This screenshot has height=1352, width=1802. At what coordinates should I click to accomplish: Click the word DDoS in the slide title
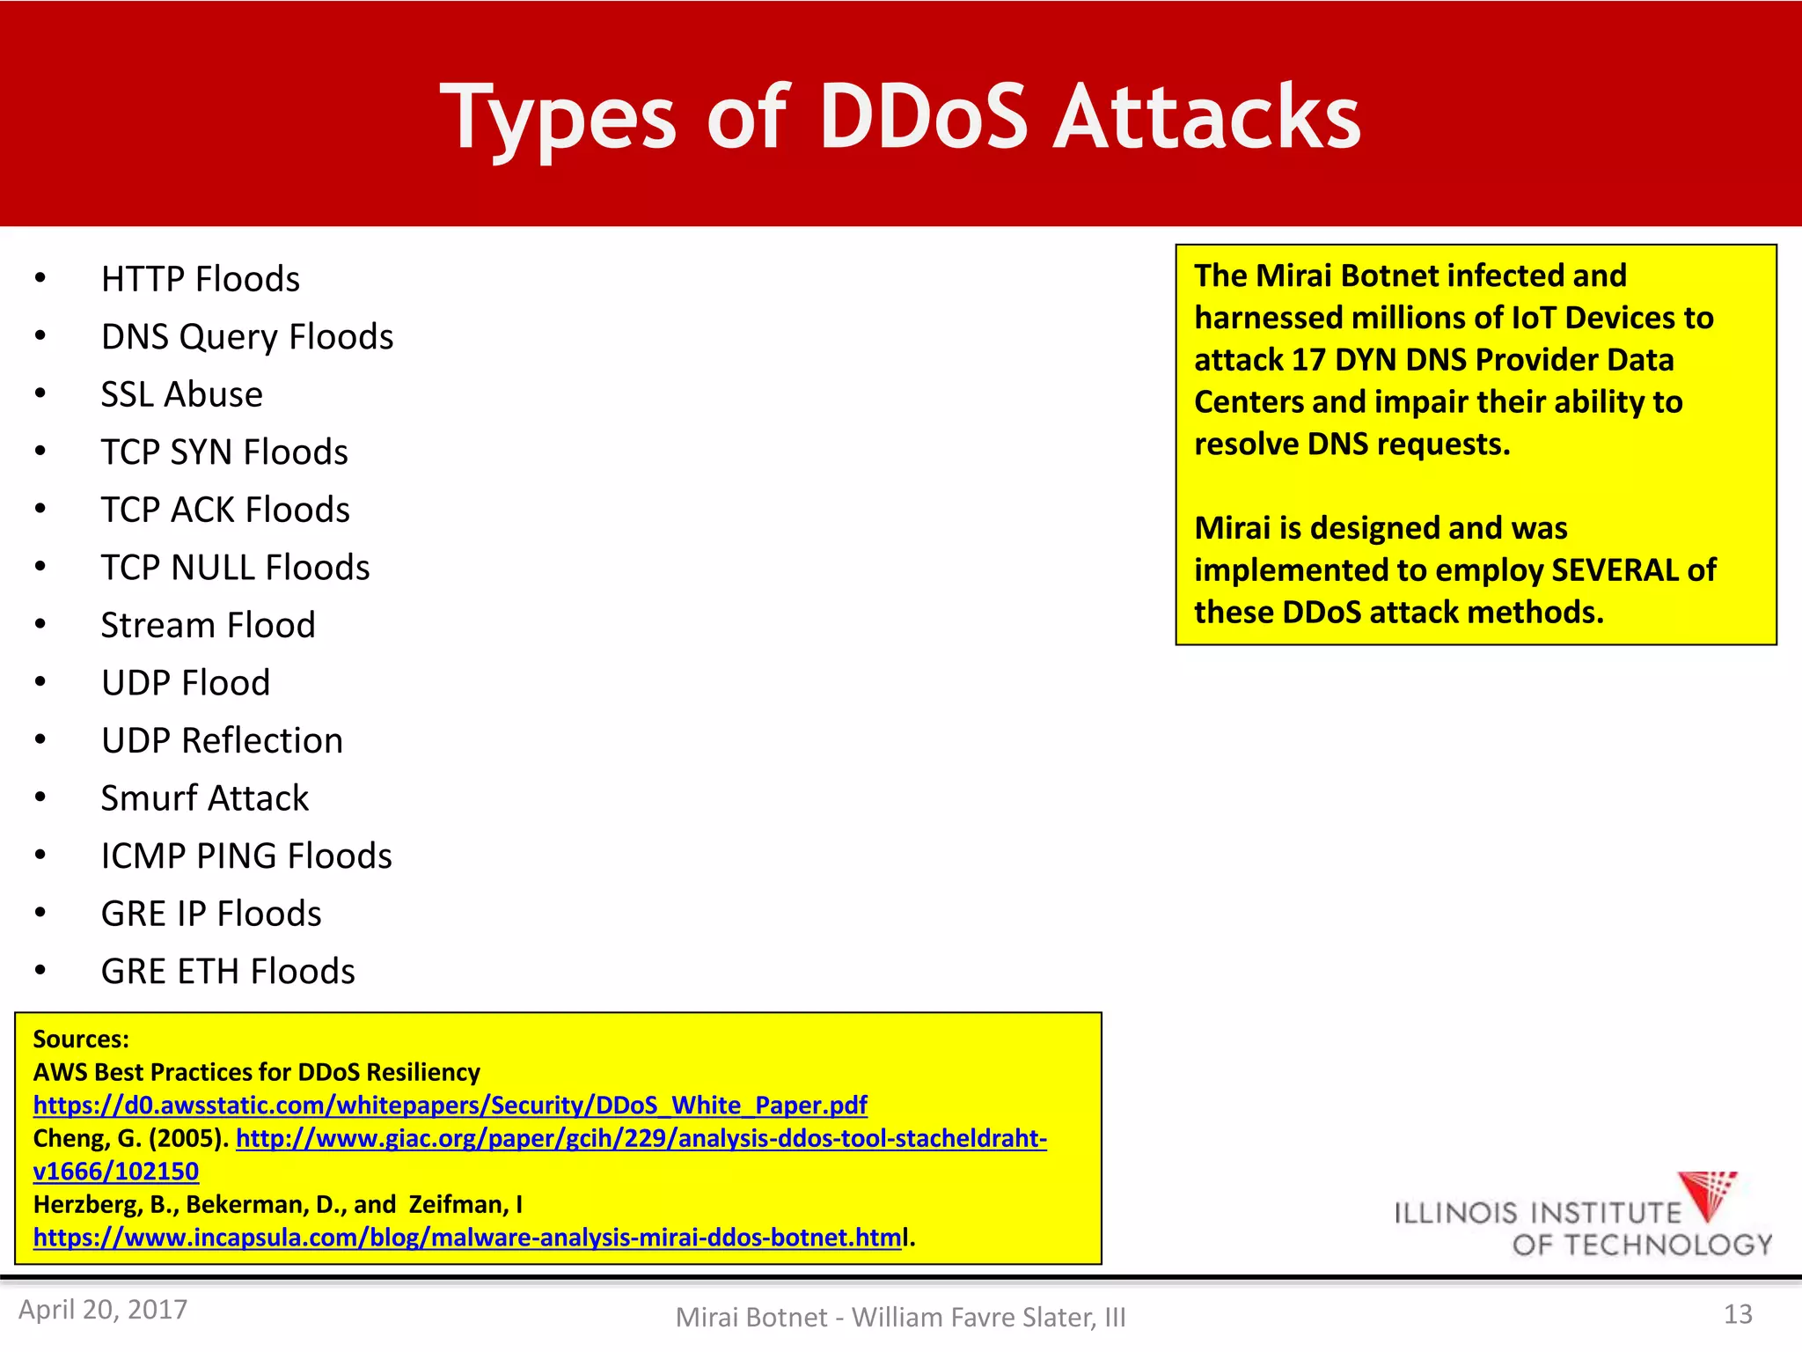click(923, 117)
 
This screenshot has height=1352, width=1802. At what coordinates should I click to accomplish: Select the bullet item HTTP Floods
click(200, 279)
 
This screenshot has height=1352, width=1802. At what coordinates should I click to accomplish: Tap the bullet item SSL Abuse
click(181, 394)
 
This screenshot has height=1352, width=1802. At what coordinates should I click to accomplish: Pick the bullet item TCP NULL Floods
click(235, 568)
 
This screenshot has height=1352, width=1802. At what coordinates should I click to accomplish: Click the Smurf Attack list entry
click(204, 798)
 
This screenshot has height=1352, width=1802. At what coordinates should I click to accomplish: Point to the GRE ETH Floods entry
click(227, 972)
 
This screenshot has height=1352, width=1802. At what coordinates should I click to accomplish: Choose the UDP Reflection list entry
click(222, 740)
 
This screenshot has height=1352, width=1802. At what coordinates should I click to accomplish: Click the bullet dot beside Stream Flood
click(40, 624)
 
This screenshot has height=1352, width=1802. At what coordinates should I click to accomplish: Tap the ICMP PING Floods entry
click(246, 856)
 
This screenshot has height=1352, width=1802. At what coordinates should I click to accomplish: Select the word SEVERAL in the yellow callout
click(1615, 570)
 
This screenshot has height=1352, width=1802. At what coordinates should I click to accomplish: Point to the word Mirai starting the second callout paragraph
click(1232, 528)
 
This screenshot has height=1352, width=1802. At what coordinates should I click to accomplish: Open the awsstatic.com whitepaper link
click(450, 1105)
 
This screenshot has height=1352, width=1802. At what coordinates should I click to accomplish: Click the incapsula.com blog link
click(467, 1238)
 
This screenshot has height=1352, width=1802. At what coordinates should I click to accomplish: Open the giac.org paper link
click(641, 1138)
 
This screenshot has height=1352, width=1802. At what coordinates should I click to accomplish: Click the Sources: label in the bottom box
click(81, 1040)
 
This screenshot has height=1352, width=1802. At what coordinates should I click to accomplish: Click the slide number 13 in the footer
click(1737, 1314)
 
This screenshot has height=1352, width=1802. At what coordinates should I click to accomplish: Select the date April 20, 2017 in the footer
click(103, 1310)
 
